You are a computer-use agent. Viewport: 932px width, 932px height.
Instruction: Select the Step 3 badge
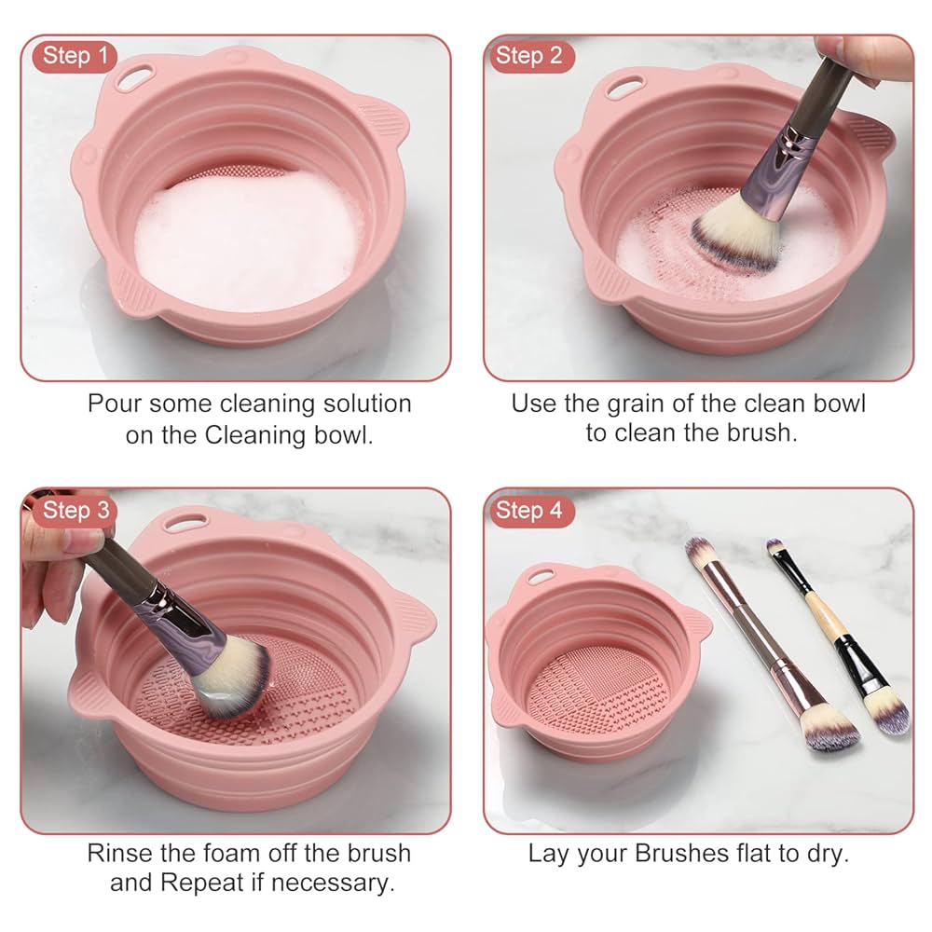pyautogui.click(x=75, y=510)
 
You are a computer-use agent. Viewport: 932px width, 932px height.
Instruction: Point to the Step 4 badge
pyautogui.click(x=528, y=510)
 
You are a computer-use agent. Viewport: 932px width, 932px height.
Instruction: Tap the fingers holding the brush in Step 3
pyautogui.click(x=56, y=559)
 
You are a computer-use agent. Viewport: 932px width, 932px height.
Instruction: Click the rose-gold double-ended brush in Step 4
pyautogui.click(x=764, y=643)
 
